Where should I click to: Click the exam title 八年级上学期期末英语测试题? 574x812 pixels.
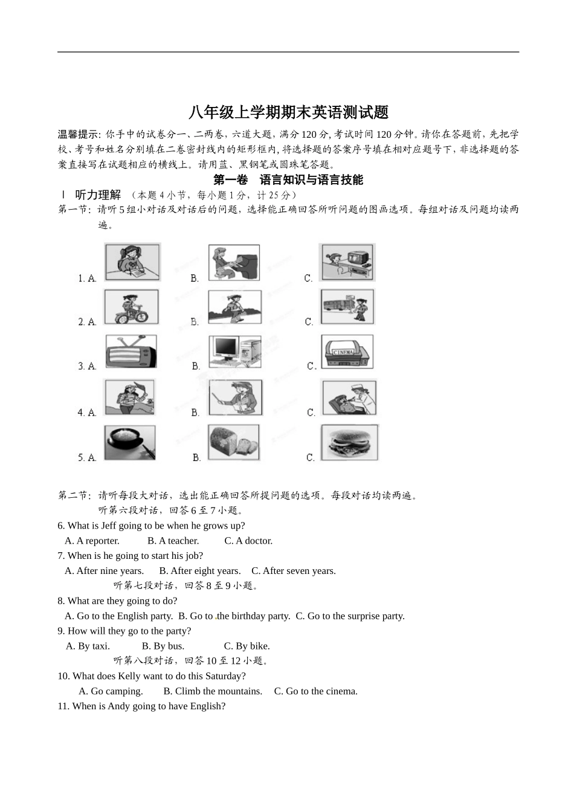[x=288, y=112]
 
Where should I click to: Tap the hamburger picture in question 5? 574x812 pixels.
[x=349, y=442]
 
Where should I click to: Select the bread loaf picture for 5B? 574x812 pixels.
[x=234, y=442]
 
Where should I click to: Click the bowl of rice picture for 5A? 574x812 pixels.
[x=129, y=442]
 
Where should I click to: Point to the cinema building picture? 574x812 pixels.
[x=347, y=352]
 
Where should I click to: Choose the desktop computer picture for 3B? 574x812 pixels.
[x=235, y=352]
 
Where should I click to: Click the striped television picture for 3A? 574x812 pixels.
[x=131, y=352]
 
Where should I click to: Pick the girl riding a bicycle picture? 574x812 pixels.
[x=131, y=307]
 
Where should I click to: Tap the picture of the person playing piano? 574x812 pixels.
[x=234, y=262]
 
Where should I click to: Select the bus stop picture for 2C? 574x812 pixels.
[x=347, y=307]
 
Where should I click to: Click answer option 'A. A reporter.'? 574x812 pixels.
[x=92, y=541]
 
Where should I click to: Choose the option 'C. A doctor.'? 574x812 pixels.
[x=248, y=541]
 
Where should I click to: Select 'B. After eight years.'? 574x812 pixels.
[x=199, y=571]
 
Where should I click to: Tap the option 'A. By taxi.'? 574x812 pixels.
[x=88, y=646]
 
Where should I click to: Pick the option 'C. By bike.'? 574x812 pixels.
[x=247, y=646]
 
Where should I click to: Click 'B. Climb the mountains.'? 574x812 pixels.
[x=213, y=691]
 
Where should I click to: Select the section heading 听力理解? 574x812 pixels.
[x=98, y=195]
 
